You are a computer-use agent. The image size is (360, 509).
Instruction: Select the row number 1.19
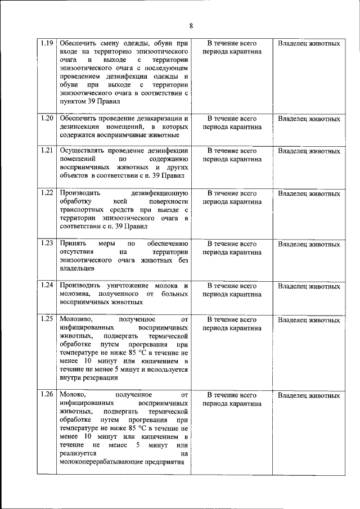pos(47,43)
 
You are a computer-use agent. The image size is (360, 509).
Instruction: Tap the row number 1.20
pos(47,119)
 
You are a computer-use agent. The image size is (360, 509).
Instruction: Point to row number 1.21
pos(47,151)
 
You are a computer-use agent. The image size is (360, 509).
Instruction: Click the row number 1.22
pos(47,193)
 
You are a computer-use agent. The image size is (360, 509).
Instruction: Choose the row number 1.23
pos(47,244)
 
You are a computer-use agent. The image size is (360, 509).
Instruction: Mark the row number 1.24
pos(47,286)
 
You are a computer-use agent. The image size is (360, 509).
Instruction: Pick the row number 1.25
pos(47,319)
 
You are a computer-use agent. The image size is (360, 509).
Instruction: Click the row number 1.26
pos(47,395)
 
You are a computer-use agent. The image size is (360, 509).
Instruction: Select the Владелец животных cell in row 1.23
pos(309,244)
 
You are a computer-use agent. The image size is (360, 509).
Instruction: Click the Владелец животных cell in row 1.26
pos(309,395)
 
